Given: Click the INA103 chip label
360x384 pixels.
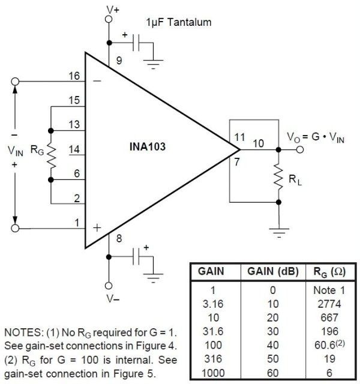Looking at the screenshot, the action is [x=148, y=146].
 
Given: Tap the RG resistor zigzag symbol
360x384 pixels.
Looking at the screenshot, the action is [x=51, y=155].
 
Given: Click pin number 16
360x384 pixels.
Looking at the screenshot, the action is [x=74, y=76].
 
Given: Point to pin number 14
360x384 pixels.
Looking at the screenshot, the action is [x=74, y=149].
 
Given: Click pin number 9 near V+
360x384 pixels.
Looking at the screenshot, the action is [x=119, y=60].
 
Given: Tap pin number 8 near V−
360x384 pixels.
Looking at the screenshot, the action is [x=119, y=238].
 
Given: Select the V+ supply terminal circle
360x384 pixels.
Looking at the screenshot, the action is [x=109, y=19].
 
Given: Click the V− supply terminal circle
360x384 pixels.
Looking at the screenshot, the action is [x=109, y=286].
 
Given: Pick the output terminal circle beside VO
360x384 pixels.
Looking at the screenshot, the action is [x=300, y=149].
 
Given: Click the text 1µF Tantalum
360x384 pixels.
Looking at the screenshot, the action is [x=179, y=22].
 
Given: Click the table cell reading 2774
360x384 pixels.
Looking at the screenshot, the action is [x=329, y=304].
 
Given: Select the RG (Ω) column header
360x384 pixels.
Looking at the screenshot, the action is [x=329, y=272].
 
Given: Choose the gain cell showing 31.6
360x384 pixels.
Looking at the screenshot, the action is [x=213, y=331].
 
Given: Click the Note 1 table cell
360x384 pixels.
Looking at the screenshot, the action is [x=329, y=290].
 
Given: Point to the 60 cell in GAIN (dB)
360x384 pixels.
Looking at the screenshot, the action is [x=273, y=373].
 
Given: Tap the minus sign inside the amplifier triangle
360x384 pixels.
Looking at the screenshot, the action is [x=97, y=81].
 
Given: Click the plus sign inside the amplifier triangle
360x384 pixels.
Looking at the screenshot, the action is [x=97, y=228].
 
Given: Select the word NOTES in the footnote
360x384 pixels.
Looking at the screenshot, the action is [x=24, y=332].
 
